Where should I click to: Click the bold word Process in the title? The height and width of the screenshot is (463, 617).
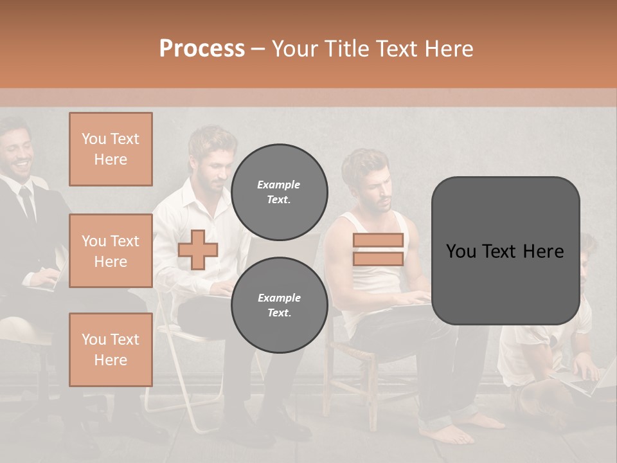coord(202,48)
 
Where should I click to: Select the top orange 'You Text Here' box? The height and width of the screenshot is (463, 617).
coord(111,149)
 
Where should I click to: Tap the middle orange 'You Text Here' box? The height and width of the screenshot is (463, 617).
coord(111,251)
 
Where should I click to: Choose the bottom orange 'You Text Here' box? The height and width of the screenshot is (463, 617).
coord(111,349)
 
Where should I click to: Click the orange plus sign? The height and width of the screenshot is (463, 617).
coord(197,250)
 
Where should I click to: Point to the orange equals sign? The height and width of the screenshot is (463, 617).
coord(378,250)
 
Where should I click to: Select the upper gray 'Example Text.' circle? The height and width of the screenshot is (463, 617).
coord(279,192)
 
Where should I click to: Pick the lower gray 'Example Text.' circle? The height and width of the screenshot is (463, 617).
coord(279,305)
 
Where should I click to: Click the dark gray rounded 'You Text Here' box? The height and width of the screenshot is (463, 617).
coord(505,251)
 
